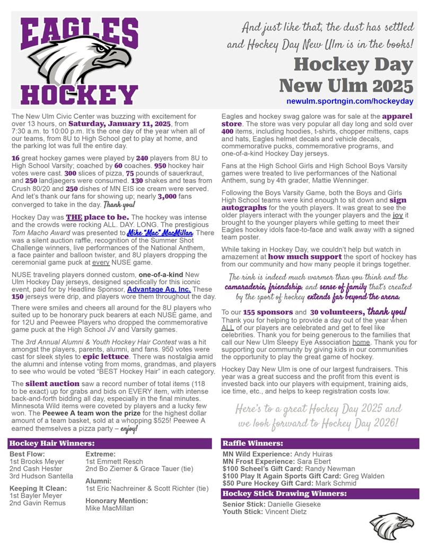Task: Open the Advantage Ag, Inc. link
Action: [159, 290]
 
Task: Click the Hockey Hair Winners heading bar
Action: [52, 443]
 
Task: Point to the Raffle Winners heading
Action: [252, 443]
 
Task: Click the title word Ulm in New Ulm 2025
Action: [348, 84]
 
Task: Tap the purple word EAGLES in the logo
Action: [80, 31]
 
